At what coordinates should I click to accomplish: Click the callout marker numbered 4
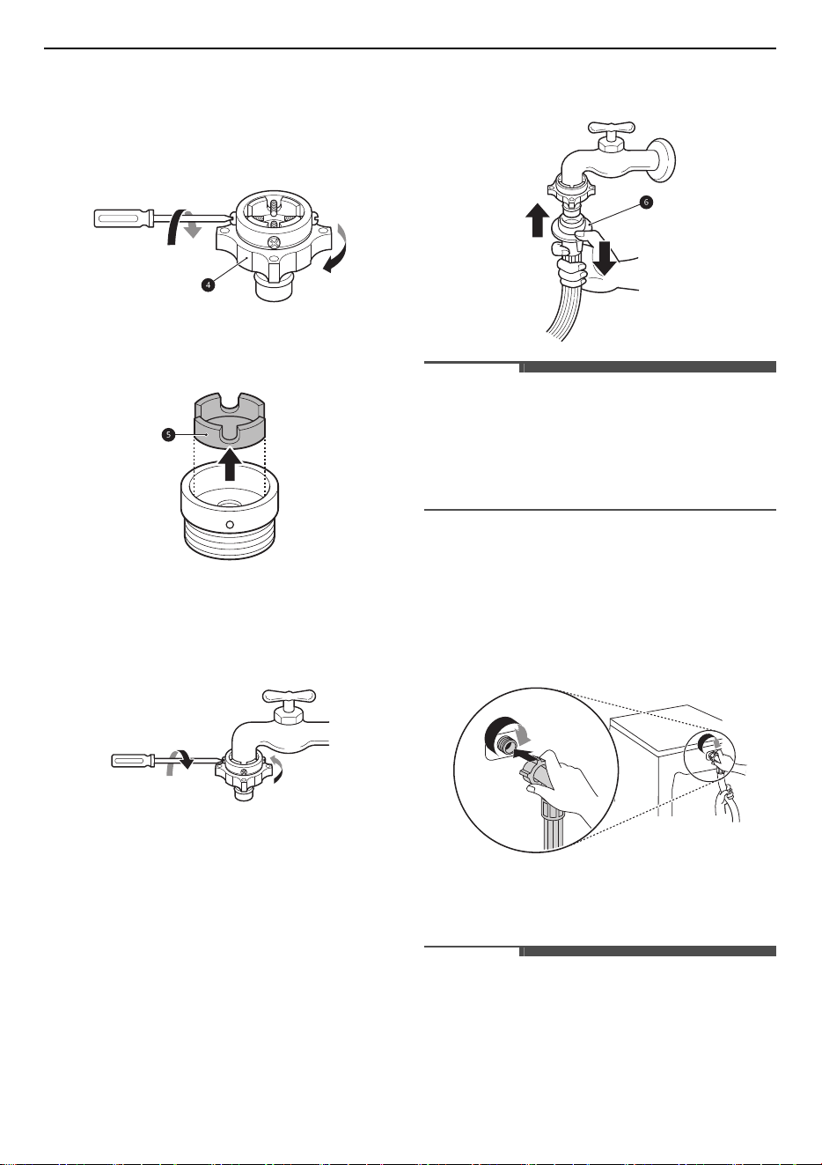pos(208,285)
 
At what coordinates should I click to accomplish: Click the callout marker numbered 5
pos(168,435)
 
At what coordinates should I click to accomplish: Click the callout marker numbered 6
pos(645,202)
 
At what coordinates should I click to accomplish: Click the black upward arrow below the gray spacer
pos(230,464)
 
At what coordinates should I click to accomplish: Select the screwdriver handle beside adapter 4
pos(123,218)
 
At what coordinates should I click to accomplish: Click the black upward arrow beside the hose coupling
pos(538,220)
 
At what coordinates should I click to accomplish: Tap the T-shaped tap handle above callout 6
pos(612,127)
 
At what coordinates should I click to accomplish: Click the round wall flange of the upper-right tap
pos(665,161)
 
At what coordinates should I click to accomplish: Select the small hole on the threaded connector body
pos(231,524)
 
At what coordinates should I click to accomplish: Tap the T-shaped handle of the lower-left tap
pos(289,696)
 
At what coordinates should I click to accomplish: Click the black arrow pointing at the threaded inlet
pos(528,752)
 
